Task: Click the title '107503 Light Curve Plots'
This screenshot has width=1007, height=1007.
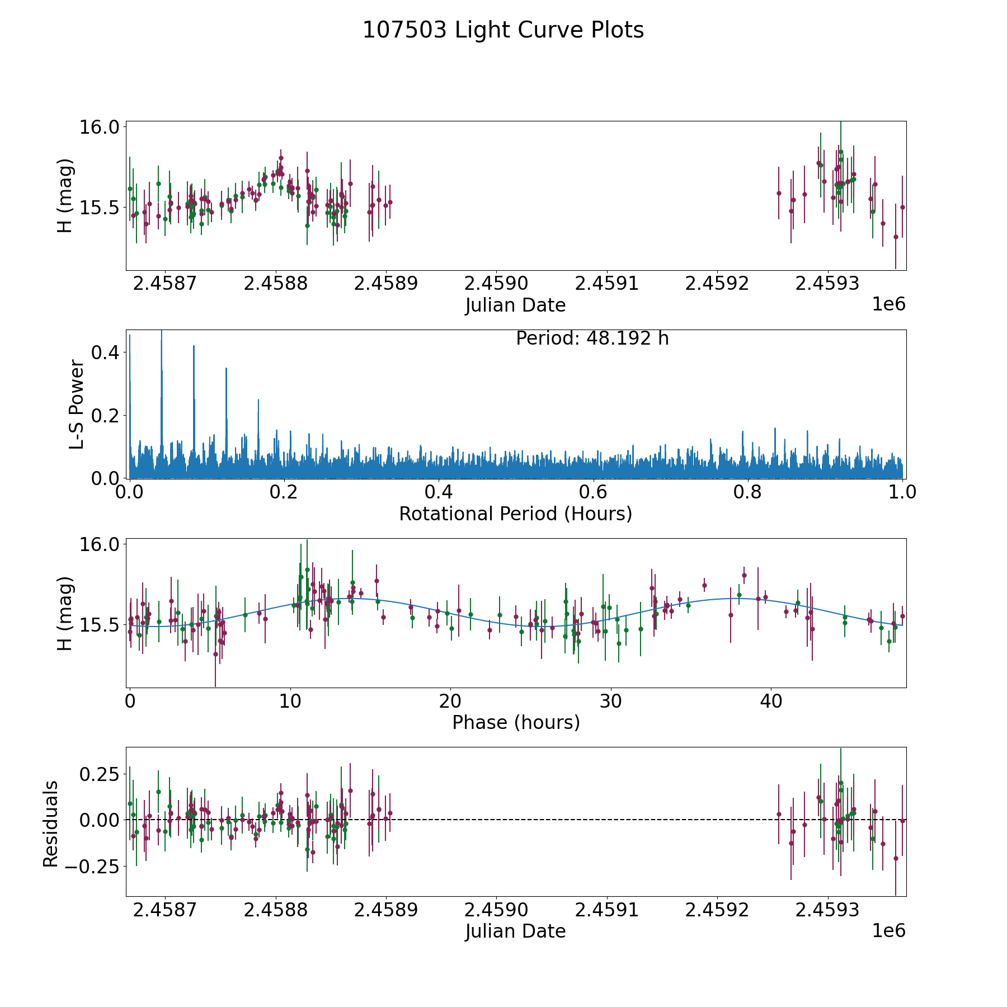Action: click(x=503, y=30)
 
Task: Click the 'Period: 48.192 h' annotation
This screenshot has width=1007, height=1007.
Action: click(x=592, y=338)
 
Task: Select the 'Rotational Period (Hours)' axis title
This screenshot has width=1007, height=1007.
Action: click(x=515, y=514)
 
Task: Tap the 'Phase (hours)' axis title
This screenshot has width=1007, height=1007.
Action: click(x=516, y=722)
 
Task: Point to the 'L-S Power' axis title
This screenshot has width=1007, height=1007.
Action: click(x=77, y=404)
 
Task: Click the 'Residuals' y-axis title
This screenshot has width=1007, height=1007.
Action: click(x=51, y=824)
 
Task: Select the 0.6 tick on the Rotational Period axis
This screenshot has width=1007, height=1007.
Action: click(x=593, y=492)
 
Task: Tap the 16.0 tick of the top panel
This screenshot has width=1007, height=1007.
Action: click(x=98, y=128)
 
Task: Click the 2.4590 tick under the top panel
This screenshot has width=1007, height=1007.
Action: click(x=496, y=284)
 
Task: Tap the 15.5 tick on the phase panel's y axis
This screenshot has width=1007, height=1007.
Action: click(x=98, y=625)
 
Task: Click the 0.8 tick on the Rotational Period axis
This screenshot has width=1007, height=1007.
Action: click(x=748, y=492)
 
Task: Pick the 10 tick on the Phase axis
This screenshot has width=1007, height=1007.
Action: click(x=290, y=701)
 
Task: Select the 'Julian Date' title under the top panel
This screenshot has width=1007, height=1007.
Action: click(x=515, y=305)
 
